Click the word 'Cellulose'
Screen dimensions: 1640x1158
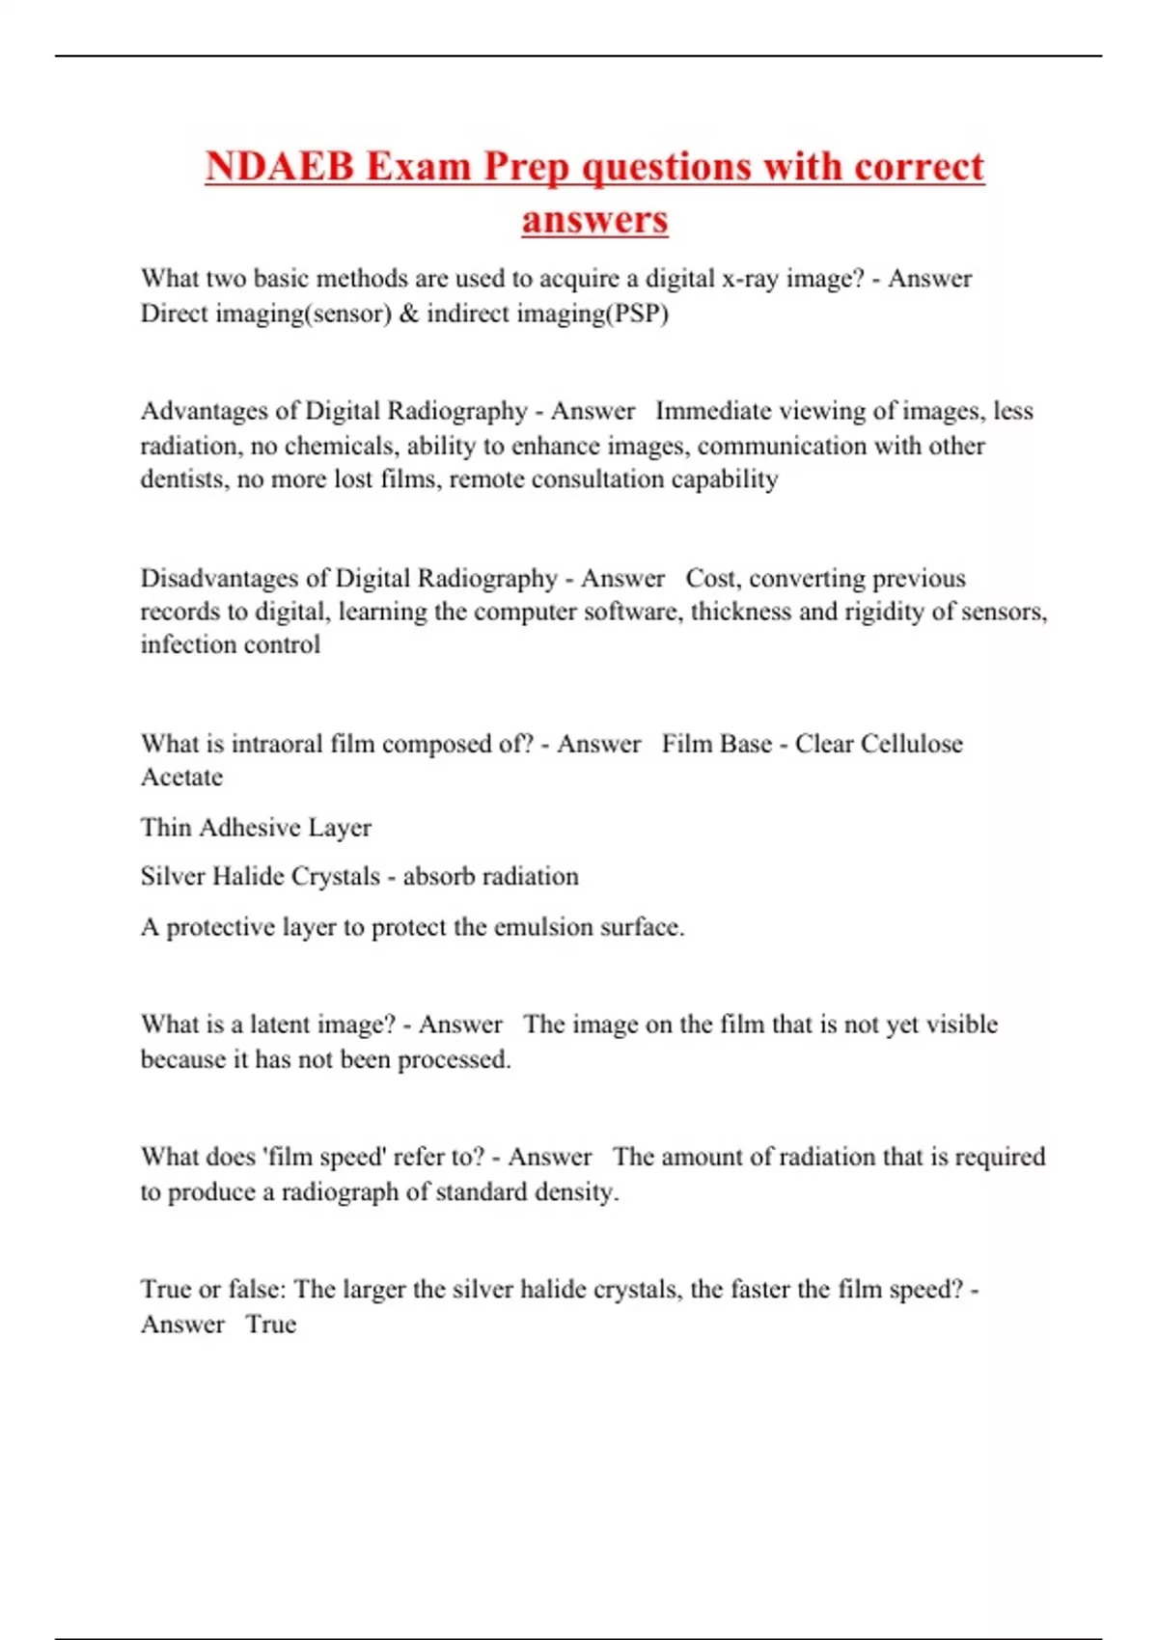pyautogui.click(x=912, y=744)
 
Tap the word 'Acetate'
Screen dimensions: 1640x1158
pyautogui.click(x=181, y=778)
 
